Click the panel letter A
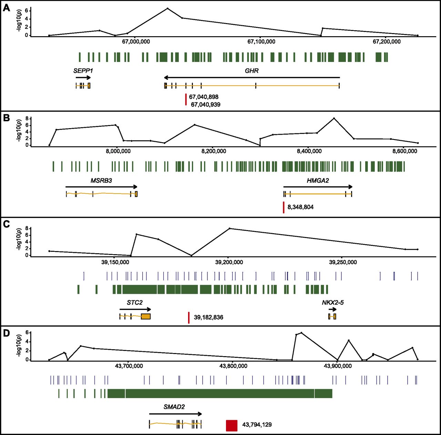tap(7, 8)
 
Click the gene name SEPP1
tap(83, 71)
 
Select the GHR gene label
tap(252, 71)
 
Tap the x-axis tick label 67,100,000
tap(261, 42)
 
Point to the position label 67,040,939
tap(206, 104)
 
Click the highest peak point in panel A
tap(167, 8)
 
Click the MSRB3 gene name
tap(101, 180)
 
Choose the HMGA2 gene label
tap(318, 180)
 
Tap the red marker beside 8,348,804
tap(284, 207)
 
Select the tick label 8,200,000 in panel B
tap(214, 151)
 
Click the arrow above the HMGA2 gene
tap(318, 187)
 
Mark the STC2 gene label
tap(134, 302)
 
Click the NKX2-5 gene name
tap(332, 302)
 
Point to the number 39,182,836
tap(208, 317)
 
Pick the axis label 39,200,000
tap(229, 262)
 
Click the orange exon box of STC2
tap(146, 317)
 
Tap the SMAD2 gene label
tap(174, 407)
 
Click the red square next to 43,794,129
tap(232, 425)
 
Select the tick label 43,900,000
tap(338, 366)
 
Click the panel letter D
tap(7, 333)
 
